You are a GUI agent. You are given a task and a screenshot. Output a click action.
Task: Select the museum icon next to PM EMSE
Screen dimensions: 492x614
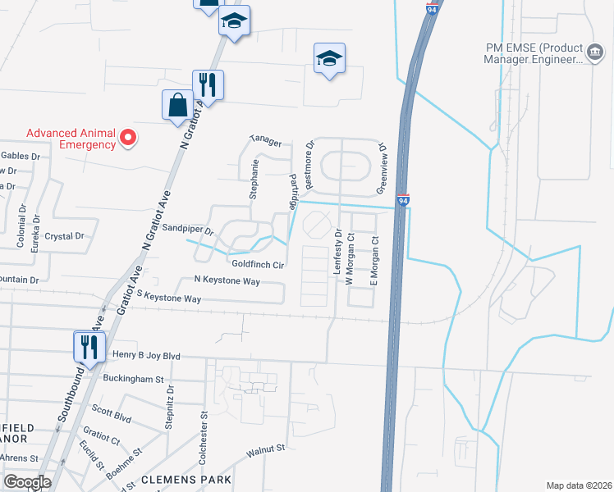tap(593, 53)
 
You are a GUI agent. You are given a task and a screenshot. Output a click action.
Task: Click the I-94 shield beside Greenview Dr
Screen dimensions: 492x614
tap(402, 200)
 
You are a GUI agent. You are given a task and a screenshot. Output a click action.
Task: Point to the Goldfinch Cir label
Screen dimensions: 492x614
tap(258, 265)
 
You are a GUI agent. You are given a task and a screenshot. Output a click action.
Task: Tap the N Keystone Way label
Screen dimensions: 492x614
tap(227, 280)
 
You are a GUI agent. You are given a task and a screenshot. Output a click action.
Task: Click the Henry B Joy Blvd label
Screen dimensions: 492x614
tap(145, 356)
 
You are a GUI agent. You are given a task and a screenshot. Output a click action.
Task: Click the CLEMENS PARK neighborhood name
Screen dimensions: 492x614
tap(185, 479)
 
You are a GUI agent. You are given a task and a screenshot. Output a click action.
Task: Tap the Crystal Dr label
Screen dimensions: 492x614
tap(65, 236)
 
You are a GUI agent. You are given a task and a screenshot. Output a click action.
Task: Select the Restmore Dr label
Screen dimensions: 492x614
tap(309, 157)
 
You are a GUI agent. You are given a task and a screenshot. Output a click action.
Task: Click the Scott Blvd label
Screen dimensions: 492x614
tap(112, 413)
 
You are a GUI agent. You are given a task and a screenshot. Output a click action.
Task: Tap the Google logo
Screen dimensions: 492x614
tap(26, 482)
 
